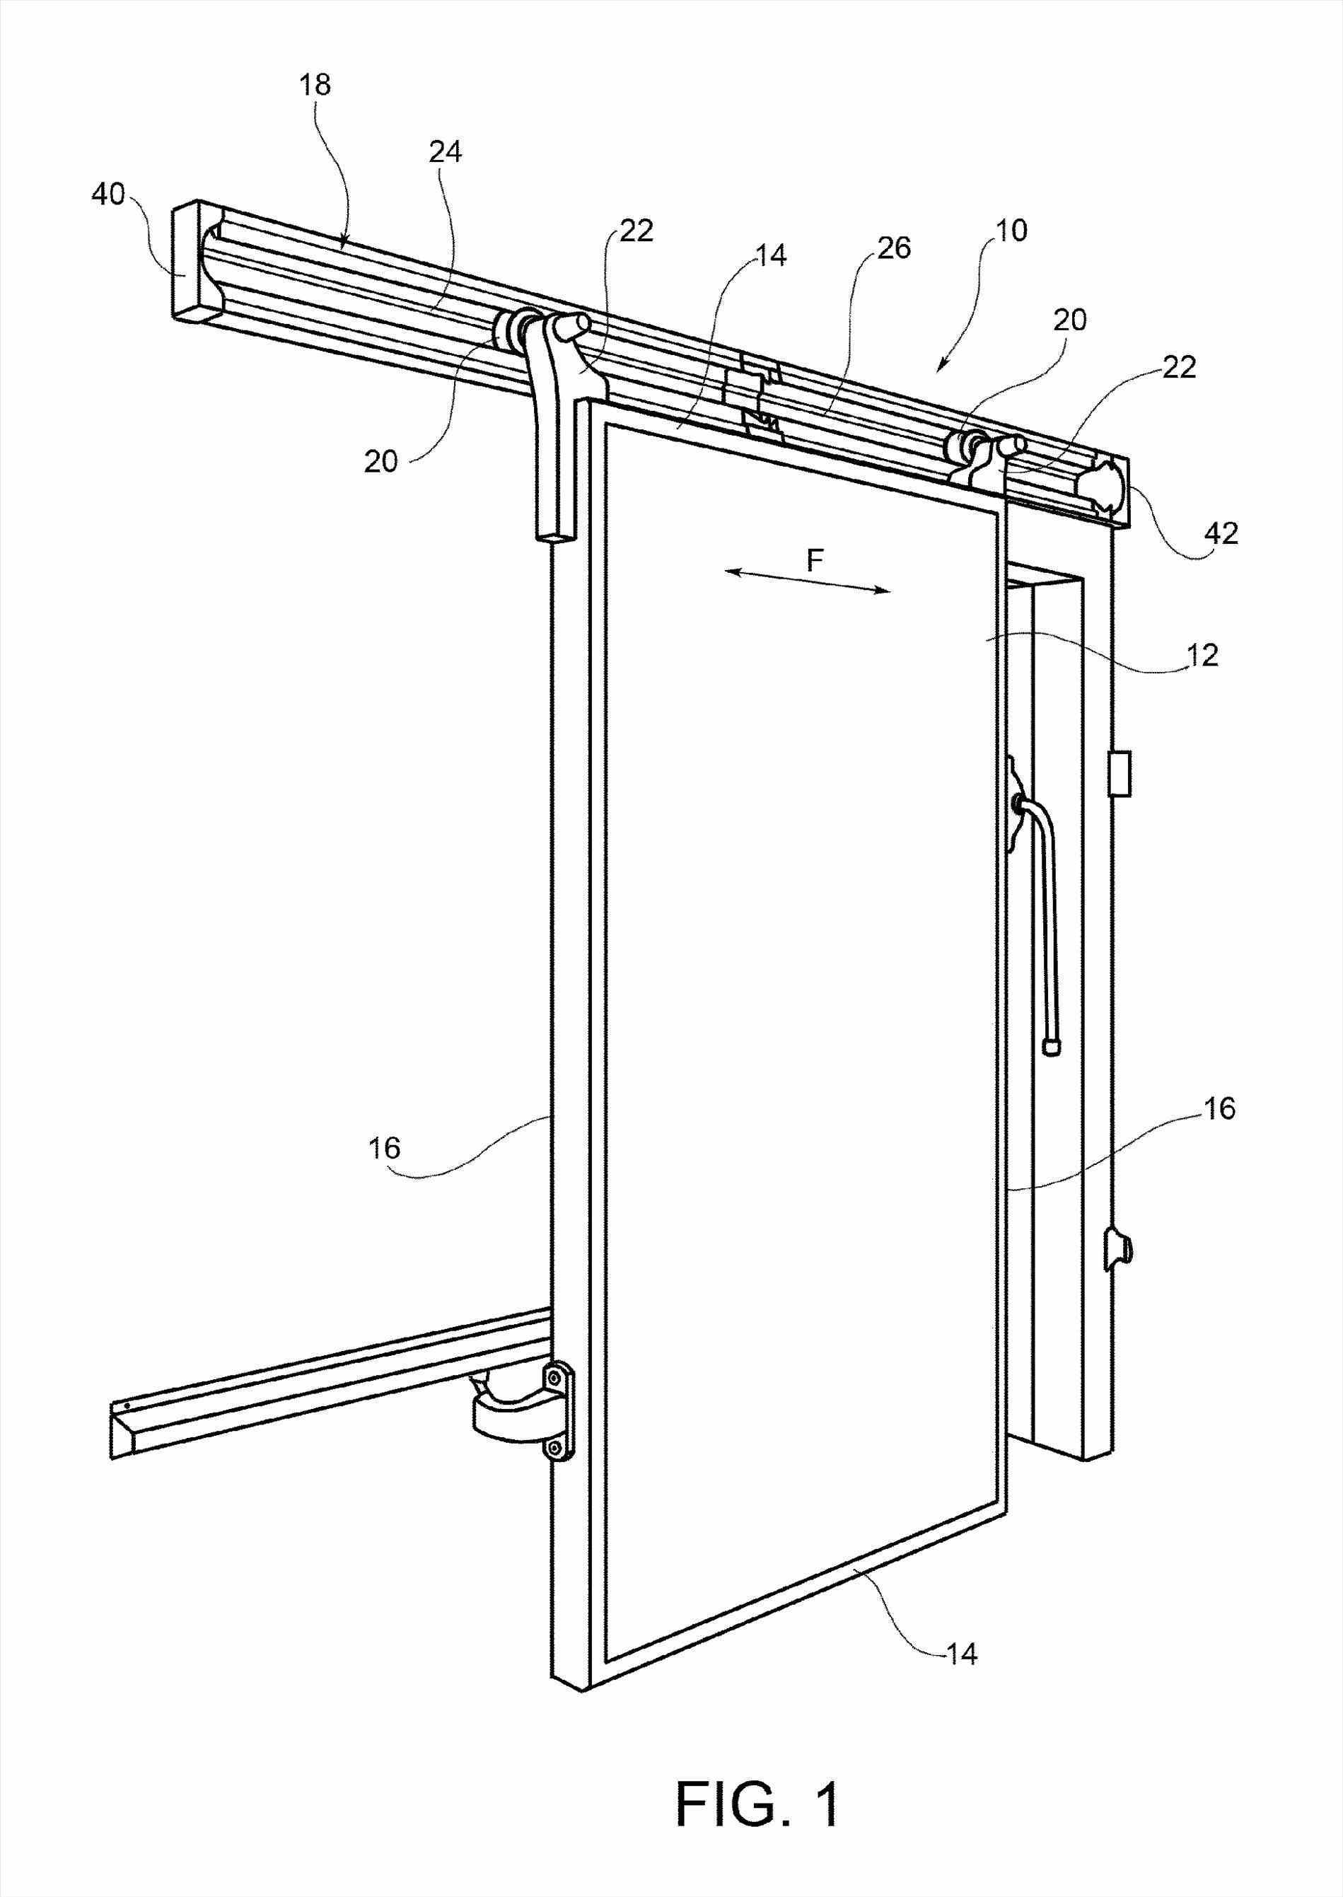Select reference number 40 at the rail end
(108, 196)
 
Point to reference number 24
(445, 152)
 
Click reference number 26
(894, 248)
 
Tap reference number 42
(1221, 533)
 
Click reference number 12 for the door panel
(1202, 656)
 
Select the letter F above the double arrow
(815, 562)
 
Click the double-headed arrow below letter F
(807, 581)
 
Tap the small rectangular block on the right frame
(1120, 773)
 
